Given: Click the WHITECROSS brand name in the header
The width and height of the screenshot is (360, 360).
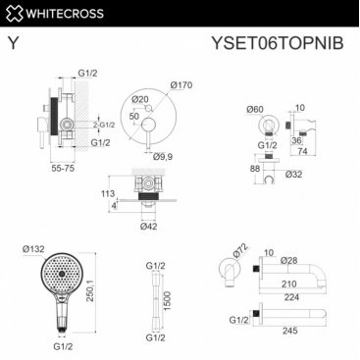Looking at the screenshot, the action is tap(65, 14).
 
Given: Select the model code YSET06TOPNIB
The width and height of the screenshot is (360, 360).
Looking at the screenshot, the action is tap(278, 43).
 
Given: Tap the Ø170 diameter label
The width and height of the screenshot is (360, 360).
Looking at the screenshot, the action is tap(181, 85).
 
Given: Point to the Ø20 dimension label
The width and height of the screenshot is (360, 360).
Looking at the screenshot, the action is tap(140, 99).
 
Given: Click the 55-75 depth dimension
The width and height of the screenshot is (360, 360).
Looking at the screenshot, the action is tap(63, 168).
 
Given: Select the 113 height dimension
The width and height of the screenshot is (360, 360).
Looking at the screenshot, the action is tap(108, 193).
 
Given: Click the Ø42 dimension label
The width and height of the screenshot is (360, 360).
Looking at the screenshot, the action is tap(149, 226).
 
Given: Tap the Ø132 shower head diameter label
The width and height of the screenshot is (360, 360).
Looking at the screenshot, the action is tap(33, 249).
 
